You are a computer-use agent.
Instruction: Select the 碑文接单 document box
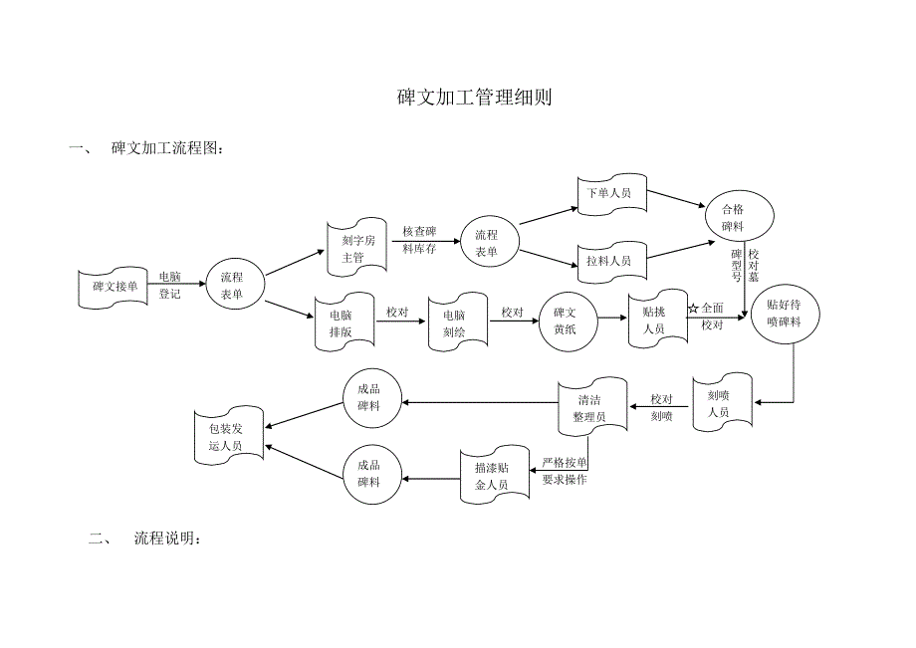(x=114, y=287)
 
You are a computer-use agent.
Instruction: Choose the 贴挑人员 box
(x=654, y=321)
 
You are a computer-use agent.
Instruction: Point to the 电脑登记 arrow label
(x=170, y=285)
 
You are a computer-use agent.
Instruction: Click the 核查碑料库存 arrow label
(x=419, y=240)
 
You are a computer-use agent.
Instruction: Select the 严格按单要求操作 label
(x=564, y=471)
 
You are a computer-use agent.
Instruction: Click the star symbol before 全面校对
(x=693, y=309)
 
